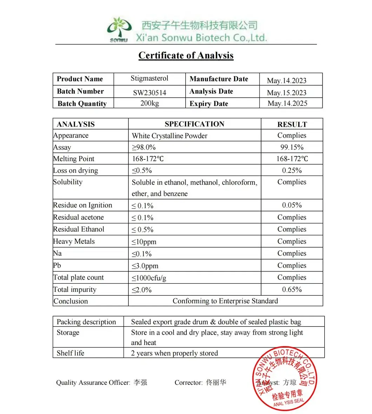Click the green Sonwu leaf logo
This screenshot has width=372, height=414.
point(119,29)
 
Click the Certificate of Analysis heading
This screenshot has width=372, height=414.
point(186,55)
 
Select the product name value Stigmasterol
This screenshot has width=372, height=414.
point(150,78)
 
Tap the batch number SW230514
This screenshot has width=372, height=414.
point(150,93)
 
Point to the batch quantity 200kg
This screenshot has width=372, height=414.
point(150,103)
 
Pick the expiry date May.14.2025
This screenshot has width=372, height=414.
point(287,103)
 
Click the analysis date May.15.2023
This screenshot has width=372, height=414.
point(286,93)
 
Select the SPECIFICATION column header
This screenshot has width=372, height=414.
point(194,124)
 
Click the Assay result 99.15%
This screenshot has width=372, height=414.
point(292,147)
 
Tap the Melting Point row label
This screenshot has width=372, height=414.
point(74,159)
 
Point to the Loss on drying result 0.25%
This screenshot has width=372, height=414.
point(292,170)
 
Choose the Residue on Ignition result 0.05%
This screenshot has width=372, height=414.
point(292,205)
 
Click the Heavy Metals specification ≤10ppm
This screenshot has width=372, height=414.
point(144,242)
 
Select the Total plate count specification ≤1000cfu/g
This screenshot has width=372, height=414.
point(149,278)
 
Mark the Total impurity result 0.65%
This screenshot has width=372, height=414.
point(292,289)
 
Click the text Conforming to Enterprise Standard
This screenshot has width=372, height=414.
point(225,301)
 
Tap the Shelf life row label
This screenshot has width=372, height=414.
point(71,353)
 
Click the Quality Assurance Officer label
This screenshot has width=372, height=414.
point(93,383)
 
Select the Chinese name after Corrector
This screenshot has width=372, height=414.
point(216,382)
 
